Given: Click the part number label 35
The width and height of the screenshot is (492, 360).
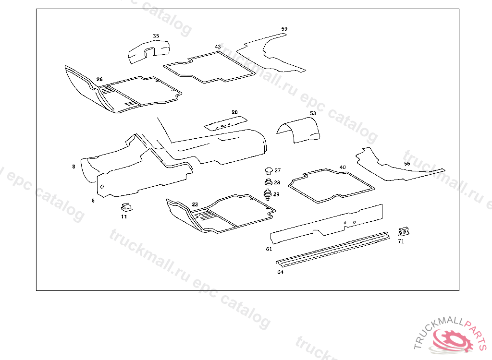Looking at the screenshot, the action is (x=156, y=36).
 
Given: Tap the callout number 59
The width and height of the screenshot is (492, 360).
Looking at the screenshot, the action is (x=284, y=29).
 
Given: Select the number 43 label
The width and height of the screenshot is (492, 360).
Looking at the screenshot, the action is (x=218, y=47).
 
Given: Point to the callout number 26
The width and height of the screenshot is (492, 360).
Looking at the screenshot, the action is (x=99, y=80).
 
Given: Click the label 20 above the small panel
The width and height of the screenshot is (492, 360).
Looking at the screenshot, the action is (x=234, y=112).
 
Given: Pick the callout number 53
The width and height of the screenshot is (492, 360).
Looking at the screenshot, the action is (x=313, y=113).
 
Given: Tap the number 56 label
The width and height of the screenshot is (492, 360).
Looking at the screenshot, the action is (x=407, y=164).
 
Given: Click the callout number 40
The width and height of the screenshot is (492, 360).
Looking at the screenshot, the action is (x=343, y=168).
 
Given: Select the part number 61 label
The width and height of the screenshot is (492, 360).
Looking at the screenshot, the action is (x=269, y=249).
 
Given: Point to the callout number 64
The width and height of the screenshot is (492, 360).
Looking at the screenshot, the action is (x=280, y=272).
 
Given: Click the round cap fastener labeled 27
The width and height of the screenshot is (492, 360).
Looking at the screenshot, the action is (x=268, y=170).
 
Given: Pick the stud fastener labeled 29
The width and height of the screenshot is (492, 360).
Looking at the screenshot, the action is (x=268, y=194).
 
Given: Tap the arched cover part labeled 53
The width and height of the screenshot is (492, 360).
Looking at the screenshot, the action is (x=300, y=129).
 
